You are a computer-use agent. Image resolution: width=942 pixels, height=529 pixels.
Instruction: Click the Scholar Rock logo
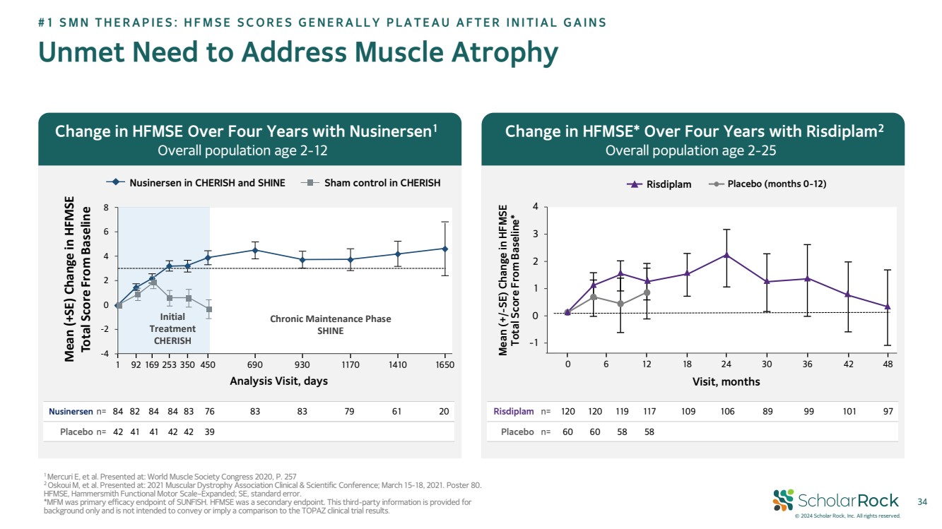(836, 501)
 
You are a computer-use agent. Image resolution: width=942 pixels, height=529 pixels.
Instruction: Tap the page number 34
(921, 501)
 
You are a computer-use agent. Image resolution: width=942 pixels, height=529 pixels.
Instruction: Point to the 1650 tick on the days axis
(444, 364)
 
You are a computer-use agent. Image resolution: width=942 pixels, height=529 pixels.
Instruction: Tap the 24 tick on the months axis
(726, 364)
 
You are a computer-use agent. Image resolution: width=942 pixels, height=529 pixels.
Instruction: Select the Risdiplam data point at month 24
(726, 255)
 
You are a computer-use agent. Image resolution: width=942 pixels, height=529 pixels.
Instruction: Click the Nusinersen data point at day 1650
(444, 249)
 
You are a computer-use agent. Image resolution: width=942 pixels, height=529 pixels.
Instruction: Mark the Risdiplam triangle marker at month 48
(888, 307)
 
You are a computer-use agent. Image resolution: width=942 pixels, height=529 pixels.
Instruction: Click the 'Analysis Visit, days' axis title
(279, 381)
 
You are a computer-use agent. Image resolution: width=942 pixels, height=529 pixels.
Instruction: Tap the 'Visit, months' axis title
(726, 381)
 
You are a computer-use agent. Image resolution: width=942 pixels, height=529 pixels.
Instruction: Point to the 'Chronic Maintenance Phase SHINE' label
(330, 325)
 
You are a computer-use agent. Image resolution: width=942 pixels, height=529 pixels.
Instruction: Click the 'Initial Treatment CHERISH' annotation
(172, 329)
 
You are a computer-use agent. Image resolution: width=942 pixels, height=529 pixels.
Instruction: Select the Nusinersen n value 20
(444, 411)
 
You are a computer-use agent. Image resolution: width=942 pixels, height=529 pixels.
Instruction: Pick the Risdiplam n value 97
(888, 411)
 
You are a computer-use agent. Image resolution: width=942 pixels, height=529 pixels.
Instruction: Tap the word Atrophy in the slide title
(495, 53)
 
